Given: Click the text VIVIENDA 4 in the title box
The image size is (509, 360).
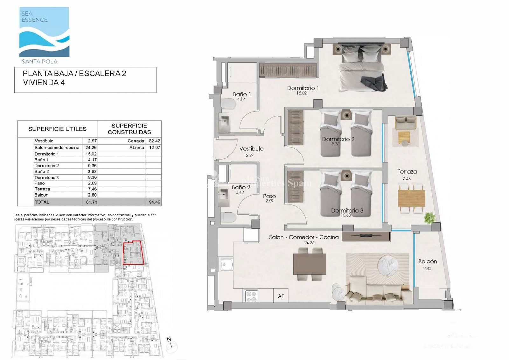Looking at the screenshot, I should [x=44, y=83].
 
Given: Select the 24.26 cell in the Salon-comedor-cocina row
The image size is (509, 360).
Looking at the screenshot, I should [x=91, y=148].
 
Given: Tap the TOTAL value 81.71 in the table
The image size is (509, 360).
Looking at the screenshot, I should [x=91, y=202].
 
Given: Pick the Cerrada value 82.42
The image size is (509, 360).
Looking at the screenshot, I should [x=155, y=141].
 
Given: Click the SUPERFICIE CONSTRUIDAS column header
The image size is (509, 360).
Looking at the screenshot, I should [x=129, y=129].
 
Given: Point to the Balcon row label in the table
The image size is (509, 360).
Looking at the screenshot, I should [x=41, y=195].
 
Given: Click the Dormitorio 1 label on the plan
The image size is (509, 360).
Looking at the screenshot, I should [x=303, y=88].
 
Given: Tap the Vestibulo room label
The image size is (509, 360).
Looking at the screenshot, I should [x=251, y=149].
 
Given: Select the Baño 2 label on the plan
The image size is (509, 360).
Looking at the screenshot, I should [x=241, y=187].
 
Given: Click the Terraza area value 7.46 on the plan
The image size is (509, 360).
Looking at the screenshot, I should [x=407, y=179].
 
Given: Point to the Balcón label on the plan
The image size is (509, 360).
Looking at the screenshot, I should [x=428, y=261].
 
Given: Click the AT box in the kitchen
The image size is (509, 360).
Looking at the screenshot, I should [x=281, y=296].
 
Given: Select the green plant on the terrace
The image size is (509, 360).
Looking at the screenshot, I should [x=430, y=218].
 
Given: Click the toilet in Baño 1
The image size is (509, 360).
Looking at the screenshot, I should [x=227, y=104].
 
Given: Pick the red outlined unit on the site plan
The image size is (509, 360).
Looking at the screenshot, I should [x=133, y=253].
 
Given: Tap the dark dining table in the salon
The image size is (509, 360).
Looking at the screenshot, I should [x=309, y=264].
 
